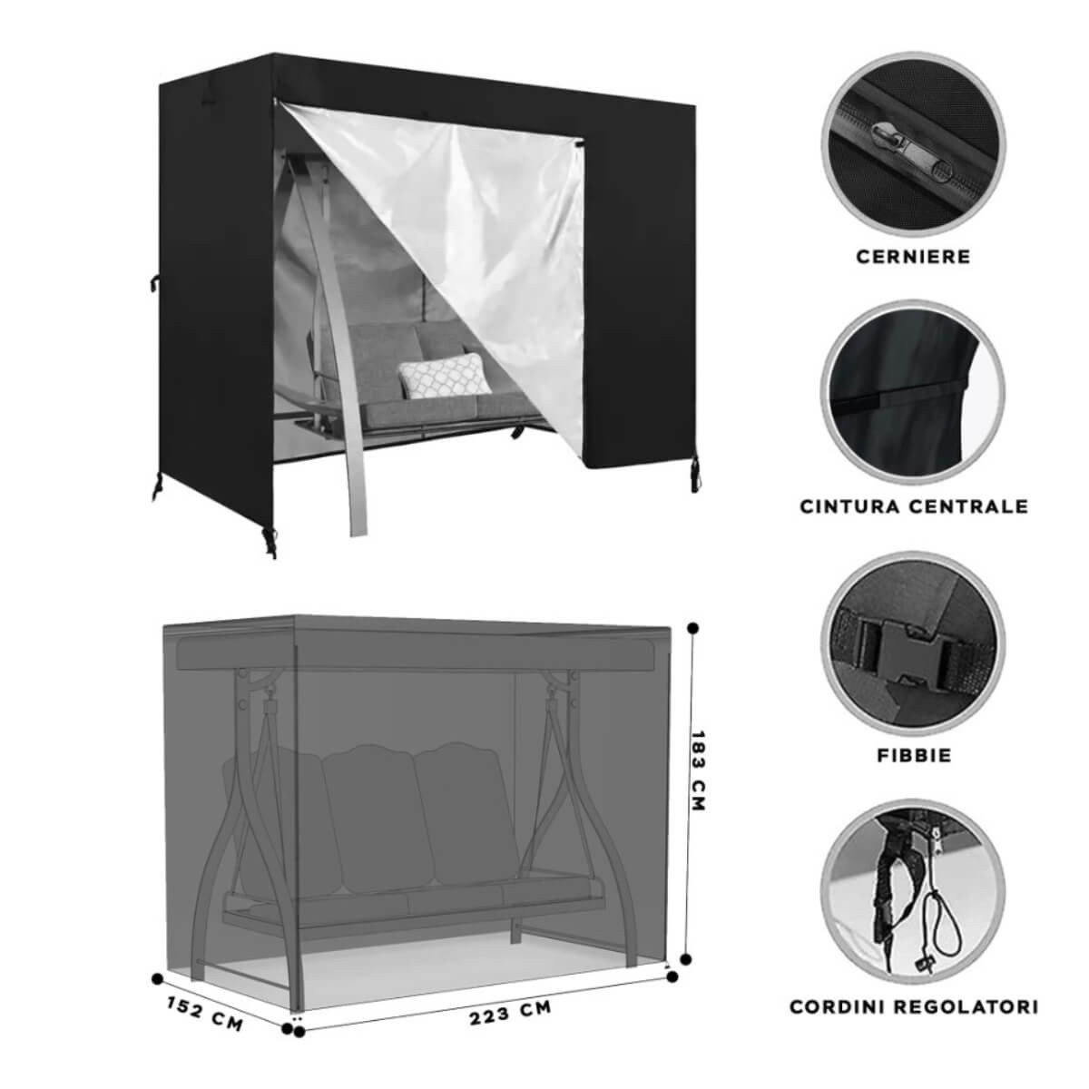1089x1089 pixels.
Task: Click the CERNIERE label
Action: coord(913,257)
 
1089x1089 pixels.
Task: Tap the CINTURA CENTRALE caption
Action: coord(914,506)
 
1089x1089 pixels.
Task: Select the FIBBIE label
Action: coord(914,755)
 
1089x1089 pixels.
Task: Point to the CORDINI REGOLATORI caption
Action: coord(914,1006)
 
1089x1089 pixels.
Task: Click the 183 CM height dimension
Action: coord(699,770)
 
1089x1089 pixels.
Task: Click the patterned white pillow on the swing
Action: coord(444,375)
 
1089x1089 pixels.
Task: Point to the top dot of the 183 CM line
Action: coord(694,628)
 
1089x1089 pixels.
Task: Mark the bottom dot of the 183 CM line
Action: coord(685,958)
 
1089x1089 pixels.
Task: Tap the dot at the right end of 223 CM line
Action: coord(672,977)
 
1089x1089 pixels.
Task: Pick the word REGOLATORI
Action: coord(973,1006)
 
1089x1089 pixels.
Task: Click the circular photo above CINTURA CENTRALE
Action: coord(913,392)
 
